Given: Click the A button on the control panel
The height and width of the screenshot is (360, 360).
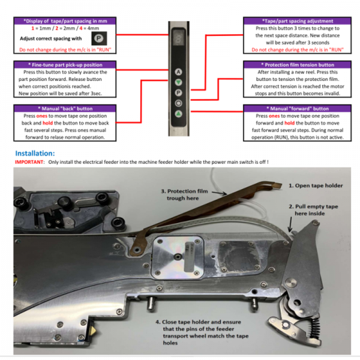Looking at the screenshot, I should pyautogui.click(x=179, y=71).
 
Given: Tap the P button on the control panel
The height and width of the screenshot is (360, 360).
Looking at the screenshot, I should pyautogui.click(x=179, y=92).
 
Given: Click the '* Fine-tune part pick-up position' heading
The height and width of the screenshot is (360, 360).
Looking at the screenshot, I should pyautogui.click(x=65, y=64).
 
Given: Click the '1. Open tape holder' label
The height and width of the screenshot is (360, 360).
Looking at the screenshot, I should pyautogui.click(x=316, y=185).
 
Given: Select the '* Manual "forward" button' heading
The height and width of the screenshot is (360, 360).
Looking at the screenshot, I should pyautogui.click(x=293, y=109).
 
